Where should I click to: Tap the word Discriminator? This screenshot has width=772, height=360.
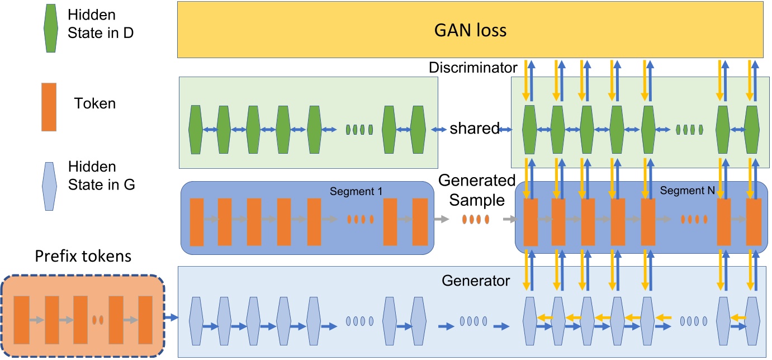pyautogui.click(x=473, y=68)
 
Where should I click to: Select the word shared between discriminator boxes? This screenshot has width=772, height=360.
pyautogui.click(x=474, y=129)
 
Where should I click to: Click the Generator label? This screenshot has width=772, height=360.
pyautogui.click(x=476, y=280)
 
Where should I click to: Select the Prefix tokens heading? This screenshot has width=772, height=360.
pyautogui.click(x=83, y=257)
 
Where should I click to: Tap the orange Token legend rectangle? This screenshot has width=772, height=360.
pyautogui.click(x=49, y=107)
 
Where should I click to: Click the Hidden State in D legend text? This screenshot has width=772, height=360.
pyautogui.click(x=101, y=26)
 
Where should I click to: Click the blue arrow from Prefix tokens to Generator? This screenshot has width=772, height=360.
pyautogui.click(x=170, y=318)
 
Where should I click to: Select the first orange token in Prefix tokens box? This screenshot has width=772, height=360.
pyautogui.click(x=21, y=320)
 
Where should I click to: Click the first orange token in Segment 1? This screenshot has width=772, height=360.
pyautogui.click(x=197, y=222)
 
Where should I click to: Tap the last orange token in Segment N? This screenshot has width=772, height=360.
pyautogui.click(x=754, y=222)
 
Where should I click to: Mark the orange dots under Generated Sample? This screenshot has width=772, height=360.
pyautogui.click(x=475, y=220)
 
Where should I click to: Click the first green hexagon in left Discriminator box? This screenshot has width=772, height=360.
pyautogui.click(x=196, y=129)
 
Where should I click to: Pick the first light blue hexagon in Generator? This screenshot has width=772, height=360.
pyautogui.click(x=196, y=319)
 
